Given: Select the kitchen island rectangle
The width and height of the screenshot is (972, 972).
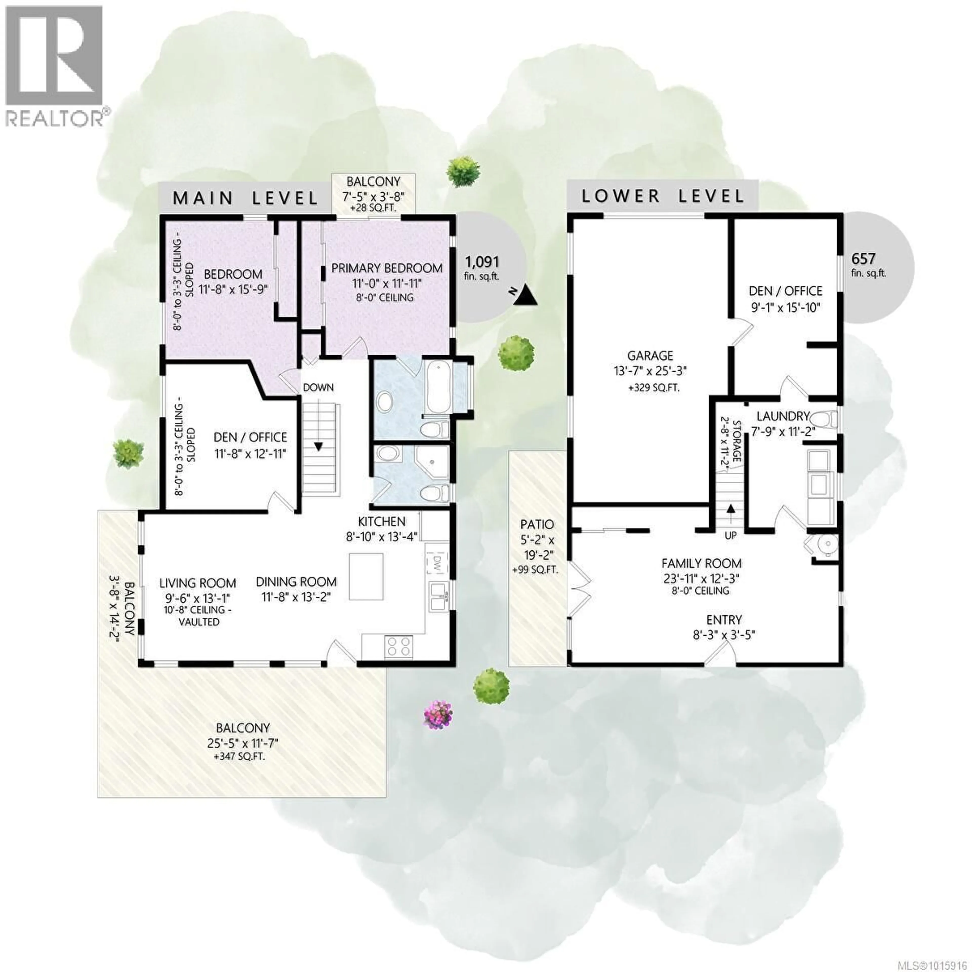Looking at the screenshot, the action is (x=366, y=576).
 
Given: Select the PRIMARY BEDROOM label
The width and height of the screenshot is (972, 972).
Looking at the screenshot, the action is (x=386, y=268).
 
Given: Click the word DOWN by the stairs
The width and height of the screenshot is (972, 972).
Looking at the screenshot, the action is (x=318, y=387).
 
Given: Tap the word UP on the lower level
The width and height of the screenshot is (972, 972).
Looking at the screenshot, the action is (x=731, y=536).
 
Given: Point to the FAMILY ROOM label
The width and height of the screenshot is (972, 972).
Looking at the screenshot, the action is (x=701, y=563).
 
